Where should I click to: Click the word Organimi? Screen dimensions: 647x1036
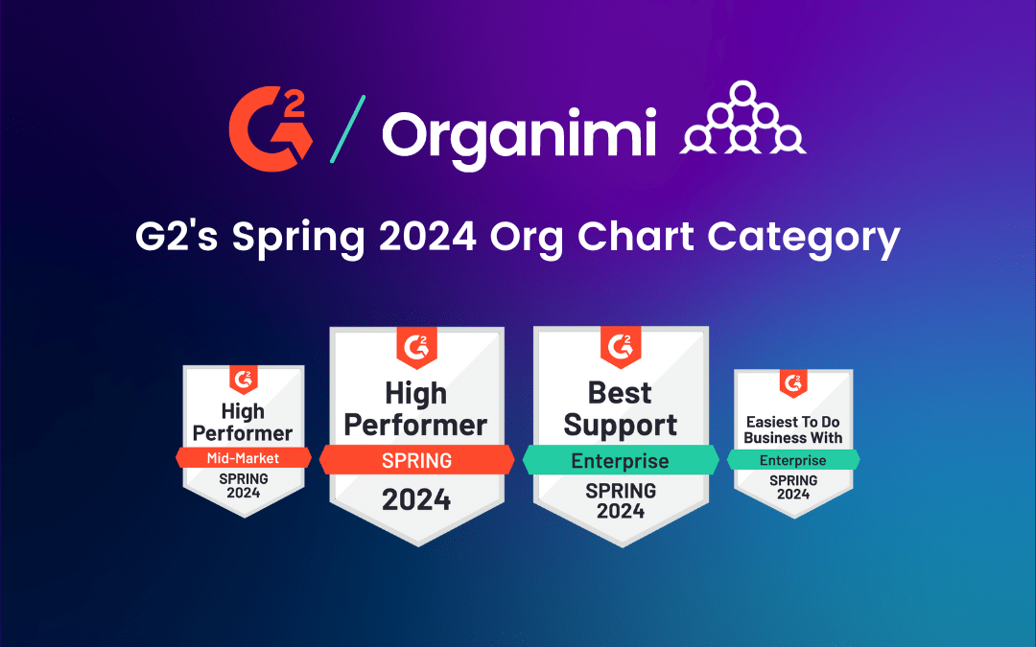(x=518, y=135)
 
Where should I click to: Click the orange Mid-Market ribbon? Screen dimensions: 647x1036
(x=243, y=458)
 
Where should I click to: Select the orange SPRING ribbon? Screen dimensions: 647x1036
(x=416, y=460)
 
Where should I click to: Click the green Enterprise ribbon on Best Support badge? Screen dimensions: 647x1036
(x=620, y=461)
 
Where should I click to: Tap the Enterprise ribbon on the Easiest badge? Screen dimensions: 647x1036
(x=793, y=461)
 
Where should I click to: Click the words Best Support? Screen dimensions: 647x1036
(x=620, y=409)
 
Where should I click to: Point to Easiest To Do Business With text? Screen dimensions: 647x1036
(x=793, y=429)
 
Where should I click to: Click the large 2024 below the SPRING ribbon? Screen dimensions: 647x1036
(x=416, y=499)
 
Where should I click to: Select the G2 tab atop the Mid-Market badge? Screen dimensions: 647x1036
(x=244, y=380)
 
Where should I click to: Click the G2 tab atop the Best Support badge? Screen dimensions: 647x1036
(x=621, y=346)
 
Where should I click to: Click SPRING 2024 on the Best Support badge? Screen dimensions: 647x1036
(x=620, y=500)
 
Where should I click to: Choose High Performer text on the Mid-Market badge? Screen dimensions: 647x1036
(x=243, y=422)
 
